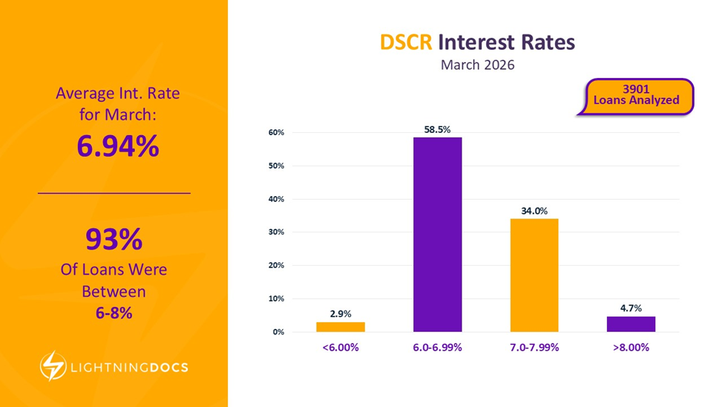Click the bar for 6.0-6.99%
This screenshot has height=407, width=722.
click(x=438, y=234)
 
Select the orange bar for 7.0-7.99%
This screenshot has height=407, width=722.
click(x=534, y=275)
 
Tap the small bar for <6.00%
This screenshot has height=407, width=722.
click(x=341, y=327)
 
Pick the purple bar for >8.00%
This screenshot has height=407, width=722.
click(x=631, y=324)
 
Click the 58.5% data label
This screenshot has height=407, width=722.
click(x=438, y=128)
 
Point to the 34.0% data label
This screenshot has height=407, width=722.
click(x=534, y=211)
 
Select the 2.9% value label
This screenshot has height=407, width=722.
click(x=341, y=313)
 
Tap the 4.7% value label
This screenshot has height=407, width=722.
click(x=631, y=308)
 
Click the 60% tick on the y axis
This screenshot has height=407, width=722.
click(x=277, y=133)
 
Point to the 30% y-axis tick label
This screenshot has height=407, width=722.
click(x=277, y=232)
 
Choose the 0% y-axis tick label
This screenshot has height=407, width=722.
click(x=278, y=332)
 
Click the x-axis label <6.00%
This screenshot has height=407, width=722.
click(x=341, y=348)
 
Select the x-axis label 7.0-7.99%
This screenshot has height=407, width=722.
click(x=534, y=348)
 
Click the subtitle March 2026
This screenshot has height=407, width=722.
click(x=477, y=65)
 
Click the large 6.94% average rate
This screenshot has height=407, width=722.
click(x=118, y=146)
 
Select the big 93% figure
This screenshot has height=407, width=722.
click(x=114, y=240)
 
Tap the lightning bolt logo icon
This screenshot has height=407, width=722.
click(x=53, y=365)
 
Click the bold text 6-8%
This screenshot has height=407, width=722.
click(x=114, y=313)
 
